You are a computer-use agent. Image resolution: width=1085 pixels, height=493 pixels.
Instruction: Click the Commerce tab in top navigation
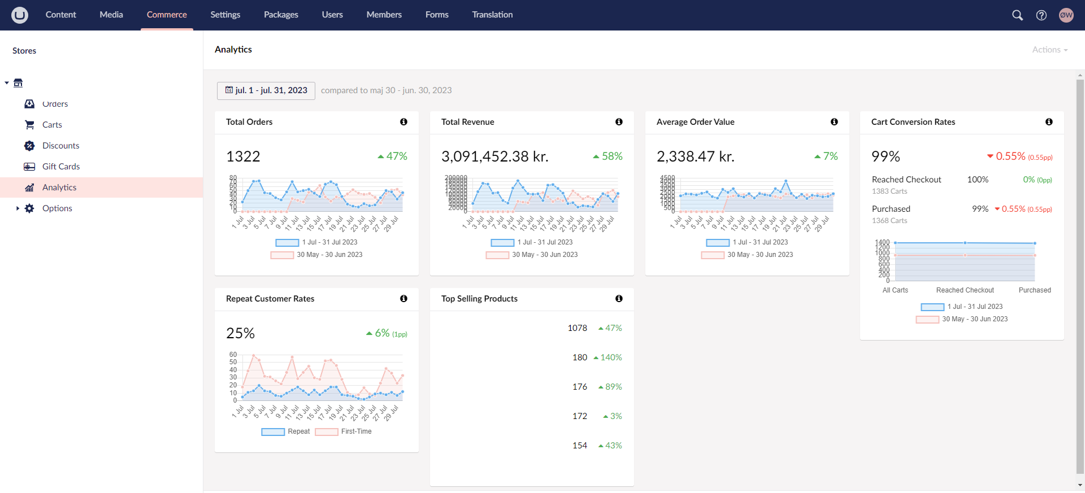pyautogui.click(x=167, y=15)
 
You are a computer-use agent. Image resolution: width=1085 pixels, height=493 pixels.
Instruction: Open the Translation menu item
pyautogui.click(x=492, y=15)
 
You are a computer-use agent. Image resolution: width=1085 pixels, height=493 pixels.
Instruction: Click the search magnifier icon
pyautogui.click(x=1017, y=15)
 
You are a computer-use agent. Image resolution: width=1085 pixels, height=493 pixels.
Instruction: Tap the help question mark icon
pyautogui.click(x=1041, y=15)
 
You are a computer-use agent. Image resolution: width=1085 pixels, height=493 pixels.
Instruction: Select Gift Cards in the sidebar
pyautogui.click(x=61, y=167)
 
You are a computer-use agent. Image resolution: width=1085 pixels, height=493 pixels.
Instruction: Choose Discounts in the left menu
pyautogui.click(x=60, y=146)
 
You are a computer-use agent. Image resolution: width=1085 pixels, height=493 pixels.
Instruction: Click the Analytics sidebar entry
pyautogui.click(x=59, y=187)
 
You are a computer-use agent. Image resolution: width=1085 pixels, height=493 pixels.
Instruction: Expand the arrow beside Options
pyautogui.click(x=18, y=208)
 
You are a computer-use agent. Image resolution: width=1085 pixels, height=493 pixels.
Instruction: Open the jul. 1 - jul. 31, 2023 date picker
pyautogui.click(x=266, y=90)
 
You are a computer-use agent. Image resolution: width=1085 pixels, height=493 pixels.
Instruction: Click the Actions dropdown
pyautogui.click(x=1049, y=50)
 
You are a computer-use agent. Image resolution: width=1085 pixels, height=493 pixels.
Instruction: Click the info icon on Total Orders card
pyautogui.click(x=403, y=122)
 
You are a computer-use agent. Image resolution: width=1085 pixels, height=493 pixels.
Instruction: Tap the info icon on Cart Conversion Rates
pyautogui.click(x=1049, y=122)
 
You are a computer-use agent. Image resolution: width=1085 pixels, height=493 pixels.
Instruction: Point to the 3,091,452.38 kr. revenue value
pyautogui.click(x=494, y=156)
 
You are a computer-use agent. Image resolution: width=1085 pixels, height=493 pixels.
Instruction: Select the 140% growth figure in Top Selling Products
pyautogui.click(x=608, y=357)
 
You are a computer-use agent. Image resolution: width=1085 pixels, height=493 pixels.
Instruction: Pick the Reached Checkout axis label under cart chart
pyautogui.click(x=965, y=290)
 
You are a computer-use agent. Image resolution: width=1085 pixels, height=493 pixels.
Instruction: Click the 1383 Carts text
pyautogui.click(x=889, y=191)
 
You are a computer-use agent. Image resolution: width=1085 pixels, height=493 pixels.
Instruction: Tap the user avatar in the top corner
pyautogui.click(x=1066, y=15)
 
